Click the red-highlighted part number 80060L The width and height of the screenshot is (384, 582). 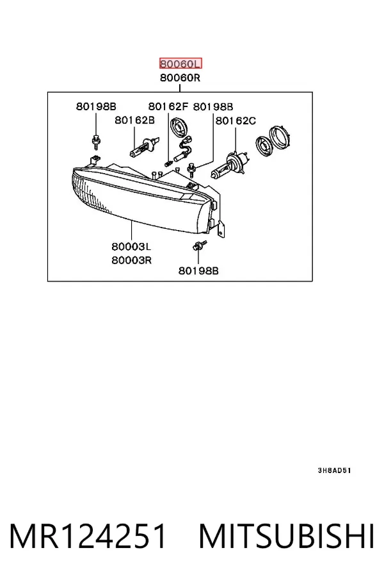pyautogui.click(x=180, y=63)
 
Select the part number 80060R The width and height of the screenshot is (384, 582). pyautogui.click(x=180, y=78)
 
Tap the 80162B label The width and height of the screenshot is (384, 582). pyautogui.click(x=134, y=121)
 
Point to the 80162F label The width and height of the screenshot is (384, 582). pyautogui.click(x=168, y=106)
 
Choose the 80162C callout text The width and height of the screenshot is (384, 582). pyautogui.click(x=236, y=121)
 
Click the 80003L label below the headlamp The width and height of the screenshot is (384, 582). pyautogui.click(x=131, y=247)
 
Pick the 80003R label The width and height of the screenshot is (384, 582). pyautogui.click(x=132, y=260)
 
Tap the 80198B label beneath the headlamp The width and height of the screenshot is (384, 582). pyautogui.click(x=198, y=271)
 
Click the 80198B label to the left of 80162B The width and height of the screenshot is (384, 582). pyautogui.click(x=96, y=106)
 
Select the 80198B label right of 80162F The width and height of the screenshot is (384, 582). pyautogui.click(x=213, y=106)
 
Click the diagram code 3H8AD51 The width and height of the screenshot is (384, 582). pyautogui.click(x=334, y=470)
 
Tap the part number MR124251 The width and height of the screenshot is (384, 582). pyautogui.click(x=88, y=536)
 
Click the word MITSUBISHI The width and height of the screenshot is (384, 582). pyautogui.click(x=287, y=536)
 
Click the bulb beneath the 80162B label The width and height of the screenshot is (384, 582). pyautogui.click(x=144, y=147)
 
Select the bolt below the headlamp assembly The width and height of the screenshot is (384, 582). pyautogui.click(x=200, y=245)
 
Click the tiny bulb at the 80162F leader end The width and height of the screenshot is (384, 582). pyautogui.click(x=168, y=163)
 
